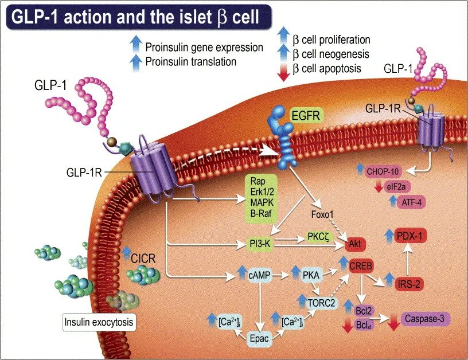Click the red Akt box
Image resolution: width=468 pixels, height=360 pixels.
pyautogui.click(x=353, y=244)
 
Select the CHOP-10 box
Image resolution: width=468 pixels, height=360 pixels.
pyautogui.click(x=387, y=170)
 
